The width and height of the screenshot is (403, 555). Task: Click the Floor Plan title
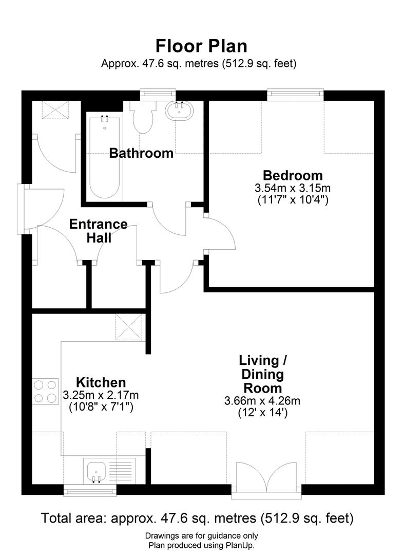click(x=201, y=46)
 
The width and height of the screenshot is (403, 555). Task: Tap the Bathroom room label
click(x=141, y=153)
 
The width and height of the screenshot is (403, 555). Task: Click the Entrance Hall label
click(x=98, y=231)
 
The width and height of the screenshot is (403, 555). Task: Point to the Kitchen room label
click(x=101, y=382)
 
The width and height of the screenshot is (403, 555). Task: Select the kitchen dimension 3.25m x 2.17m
click(x=101, y=395)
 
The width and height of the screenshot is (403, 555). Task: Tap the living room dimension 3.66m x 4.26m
click(x=262, y=400)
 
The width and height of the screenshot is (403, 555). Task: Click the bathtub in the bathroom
click(x=104, y=157)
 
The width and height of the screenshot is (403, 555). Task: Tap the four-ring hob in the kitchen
click(x=45, y=391)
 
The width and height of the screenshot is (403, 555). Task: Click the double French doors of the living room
click(x=266, y=480)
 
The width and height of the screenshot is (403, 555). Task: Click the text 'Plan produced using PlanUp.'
click(x=201, y=545)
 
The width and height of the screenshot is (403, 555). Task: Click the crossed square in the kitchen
click(x=129, y=327)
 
